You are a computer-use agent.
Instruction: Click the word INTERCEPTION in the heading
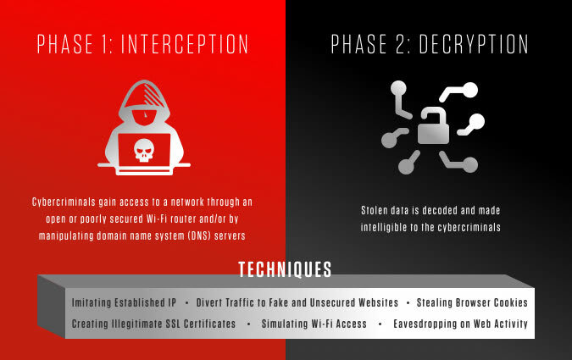(x=185, y=44)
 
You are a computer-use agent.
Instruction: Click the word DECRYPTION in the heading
(x=474, y=44)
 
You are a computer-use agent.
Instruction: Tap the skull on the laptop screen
(x=144, y=150)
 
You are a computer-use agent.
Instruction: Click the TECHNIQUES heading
(x=285, y=269)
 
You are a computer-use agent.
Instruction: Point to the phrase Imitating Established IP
(x=124, y=302)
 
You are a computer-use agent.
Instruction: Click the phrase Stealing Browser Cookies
(x=472, y=302)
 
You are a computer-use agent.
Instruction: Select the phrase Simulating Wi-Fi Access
(x=314, y=324)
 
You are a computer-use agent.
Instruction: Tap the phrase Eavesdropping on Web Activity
(x=460, y=324)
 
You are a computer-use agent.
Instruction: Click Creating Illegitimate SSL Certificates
(x=153, y=324)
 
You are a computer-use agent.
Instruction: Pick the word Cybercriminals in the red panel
(x=64, y=202)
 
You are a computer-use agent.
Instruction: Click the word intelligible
(x=384, y=228)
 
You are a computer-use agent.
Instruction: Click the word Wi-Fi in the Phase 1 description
(x=157, y=219)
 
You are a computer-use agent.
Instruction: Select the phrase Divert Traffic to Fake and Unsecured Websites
(x=297, y=302)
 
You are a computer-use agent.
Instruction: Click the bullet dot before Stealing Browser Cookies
(x=408, y=302)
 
